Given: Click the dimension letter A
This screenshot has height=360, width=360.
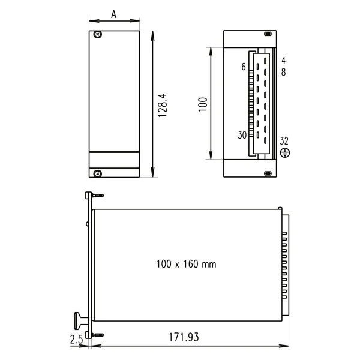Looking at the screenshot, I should point(115,13).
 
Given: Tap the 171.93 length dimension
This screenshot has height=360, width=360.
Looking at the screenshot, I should point(184,337).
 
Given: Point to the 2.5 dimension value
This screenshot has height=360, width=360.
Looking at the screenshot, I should point(76,338).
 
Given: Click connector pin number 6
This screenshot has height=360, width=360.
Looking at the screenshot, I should point(244,67).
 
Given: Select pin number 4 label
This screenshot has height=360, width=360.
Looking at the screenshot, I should point(283,61).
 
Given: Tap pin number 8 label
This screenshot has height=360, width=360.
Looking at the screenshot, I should point(283,72).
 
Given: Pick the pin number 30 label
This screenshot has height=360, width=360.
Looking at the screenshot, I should point(242,135).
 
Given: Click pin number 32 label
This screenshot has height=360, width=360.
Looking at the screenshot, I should point(284,141).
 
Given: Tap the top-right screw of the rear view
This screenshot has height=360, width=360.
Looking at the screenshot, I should point(268,34).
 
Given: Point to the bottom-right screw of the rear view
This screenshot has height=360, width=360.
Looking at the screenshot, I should point(268,173).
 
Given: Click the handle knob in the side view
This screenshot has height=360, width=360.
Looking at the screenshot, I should point(79,318).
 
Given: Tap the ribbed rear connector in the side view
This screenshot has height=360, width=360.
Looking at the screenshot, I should point(286,264).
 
